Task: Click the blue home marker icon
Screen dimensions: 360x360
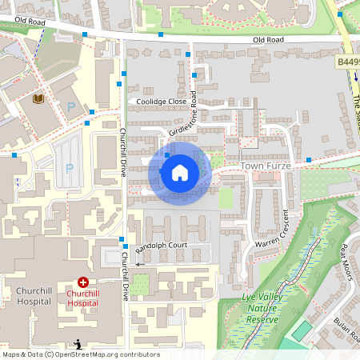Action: coord(180,172)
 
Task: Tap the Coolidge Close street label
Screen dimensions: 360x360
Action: coord(161,102)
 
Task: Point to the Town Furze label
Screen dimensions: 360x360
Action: coord(263,165)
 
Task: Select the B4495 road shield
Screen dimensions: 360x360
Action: coord(347,61)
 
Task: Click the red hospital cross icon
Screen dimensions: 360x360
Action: coord(83,282)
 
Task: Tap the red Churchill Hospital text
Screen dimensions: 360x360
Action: coord(88,298)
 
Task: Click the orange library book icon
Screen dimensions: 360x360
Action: coord(38,98)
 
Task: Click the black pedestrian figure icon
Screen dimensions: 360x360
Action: coord(78,344)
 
